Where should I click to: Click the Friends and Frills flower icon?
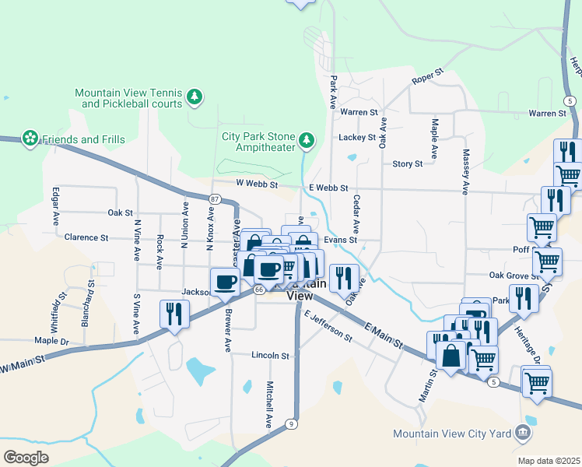(30, 139)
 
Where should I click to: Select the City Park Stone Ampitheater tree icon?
(307, 140)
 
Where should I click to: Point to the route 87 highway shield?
(215, 199)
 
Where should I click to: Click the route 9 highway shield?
(290, 423)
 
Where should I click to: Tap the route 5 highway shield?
(493, 381)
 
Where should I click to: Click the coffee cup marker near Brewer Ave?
(226, 282)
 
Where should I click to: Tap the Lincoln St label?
(270, 355)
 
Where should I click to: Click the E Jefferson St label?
(328, 328)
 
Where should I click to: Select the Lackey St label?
(357, 138)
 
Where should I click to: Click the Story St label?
(408, 164)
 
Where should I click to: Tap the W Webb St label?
(257, 184)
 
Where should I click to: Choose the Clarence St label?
(86, 237)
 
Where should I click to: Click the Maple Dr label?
(51, 341)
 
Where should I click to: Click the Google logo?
(26, 457)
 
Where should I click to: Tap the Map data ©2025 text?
(548, 461)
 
